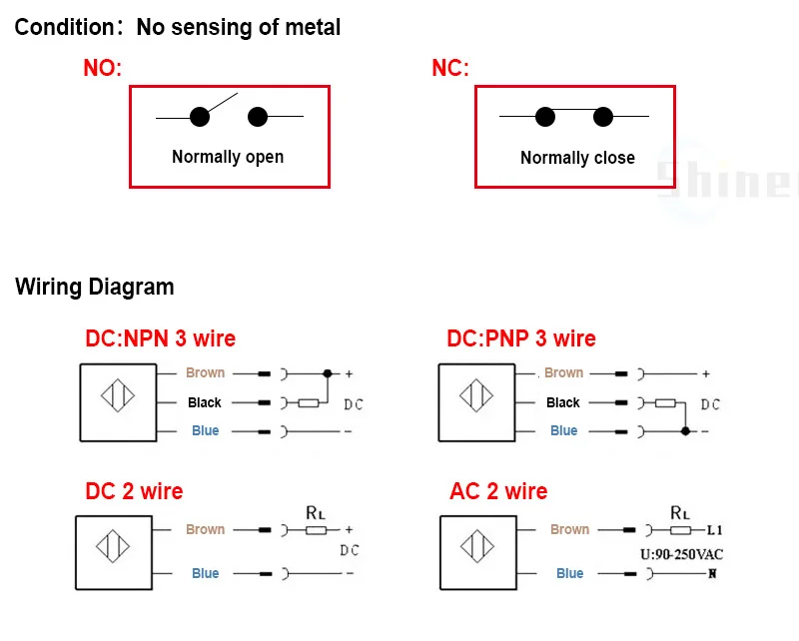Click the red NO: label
[x=102, y=69]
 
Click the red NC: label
[x=449, y=69]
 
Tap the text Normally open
[x=228, y=157]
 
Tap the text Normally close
[x=577, y=158]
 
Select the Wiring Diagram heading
[x=95, y=288]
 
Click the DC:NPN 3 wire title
[x=161, y=338]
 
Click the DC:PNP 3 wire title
[x=521, y=338]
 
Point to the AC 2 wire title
[x=498, y=491]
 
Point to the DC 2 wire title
[x=134, y=491]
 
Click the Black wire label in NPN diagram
[x=205, y=402]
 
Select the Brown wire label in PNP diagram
[x=563, y=372]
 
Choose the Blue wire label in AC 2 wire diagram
[x=569, y=573]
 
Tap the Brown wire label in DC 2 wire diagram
[x=205, y=529]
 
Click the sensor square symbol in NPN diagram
[x=118, y=401]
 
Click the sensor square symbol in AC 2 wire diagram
[x=477, y=550]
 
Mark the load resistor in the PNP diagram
[x=665, y=403]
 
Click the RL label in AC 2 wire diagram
[x=680, y=512]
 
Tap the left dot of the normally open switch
[x=200, y=117]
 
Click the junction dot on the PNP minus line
[x=684, y=431]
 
